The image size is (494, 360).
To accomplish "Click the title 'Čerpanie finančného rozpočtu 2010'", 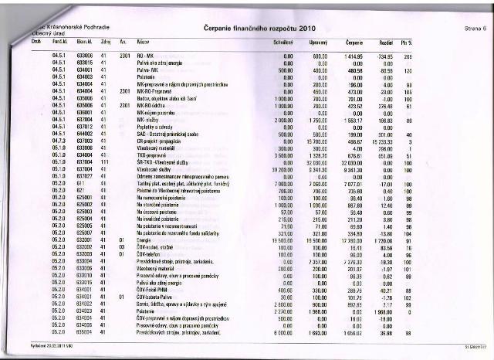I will coord(246,29).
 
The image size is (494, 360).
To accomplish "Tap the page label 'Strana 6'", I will coord(461,29).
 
